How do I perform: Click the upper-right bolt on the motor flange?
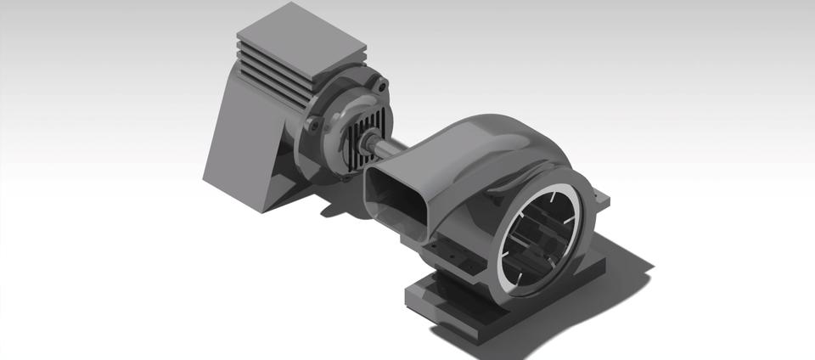pyautogui.click(x=383, y=85)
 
